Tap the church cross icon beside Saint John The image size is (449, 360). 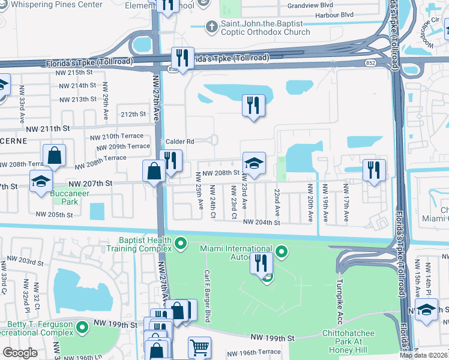coord(211,26)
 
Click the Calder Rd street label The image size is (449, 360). coord(181,142)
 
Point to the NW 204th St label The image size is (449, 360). coord(261,223)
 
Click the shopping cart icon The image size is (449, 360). coord(199,346)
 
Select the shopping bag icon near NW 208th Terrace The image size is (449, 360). coord(55,155)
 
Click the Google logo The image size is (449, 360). coord(20,353)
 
